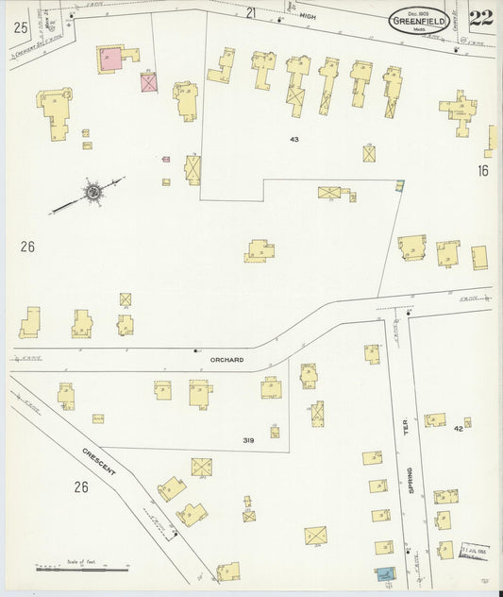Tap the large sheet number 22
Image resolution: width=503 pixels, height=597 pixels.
[x=480, y=18]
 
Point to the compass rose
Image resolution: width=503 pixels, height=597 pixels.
[x=93, y=193]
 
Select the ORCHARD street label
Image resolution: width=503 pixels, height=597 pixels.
[x=227, y=360]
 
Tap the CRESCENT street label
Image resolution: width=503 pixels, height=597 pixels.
[x=98, y=460]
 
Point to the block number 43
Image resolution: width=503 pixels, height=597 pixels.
[x=294, y=140]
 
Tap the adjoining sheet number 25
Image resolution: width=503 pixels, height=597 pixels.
[x=20, y=28]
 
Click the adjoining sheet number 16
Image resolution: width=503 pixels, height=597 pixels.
[x=483, y=171]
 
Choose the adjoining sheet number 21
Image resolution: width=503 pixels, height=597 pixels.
[x=251, y=12]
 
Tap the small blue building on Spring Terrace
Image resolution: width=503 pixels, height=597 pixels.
[x=384, y=573]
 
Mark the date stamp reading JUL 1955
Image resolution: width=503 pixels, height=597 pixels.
[x=472, y=549]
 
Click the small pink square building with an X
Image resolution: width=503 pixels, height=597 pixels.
[x=148, y=82]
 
